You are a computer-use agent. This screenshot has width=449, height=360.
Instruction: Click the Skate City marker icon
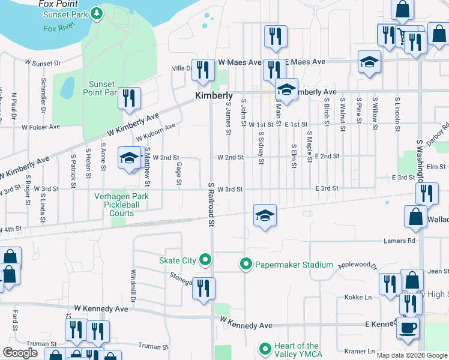tap(205, 260)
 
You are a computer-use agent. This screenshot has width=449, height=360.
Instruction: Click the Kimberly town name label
tap(214, 95)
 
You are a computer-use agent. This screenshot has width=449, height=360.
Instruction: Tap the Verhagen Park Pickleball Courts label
tap(121, 204)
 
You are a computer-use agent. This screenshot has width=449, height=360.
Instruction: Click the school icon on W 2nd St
tap(129, 157)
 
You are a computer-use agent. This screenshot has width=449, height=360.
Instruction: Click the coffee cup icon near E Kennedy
tap(408, 327)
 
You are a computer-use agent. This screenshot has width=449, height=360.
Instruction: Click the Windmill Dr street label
tap(133, 285)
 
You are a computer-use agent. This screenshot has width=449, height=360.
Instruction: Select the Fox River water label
tap(57, 28)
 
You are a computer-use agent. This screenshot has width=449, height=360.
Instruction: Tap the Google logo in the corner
tap(19, 353)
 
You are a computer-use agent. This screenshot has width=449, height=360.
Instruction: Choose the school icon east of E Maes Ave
tap(369, 62)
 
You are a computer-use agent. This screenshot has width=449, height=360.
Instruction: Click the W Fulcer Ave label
tap(41, 127)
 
